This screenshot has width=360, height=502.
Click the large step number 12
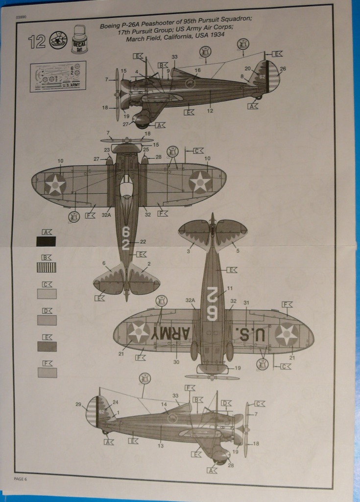point(37,42)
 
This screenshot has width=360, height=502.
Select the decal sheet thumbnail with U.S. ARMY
point(58,76)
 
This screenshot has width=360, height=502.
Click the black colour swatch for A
point(47,241)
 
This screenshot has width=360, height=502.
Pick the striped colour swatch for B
point(47,267)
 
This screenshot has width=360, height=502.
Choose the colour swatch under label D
point(47,320)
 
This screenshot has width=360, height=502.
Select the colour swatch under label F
point(47,372)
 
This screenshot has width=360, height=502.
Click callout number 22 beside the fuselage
point(143,242)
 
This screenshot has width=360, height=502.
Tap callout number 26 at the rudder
point(283,69)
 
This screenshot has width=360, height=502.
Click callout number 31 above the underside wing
point(246,302)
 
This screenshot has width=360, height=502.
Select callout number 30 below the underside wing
point(176,362)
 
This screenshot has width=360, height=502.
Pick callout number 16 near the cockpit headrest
point(197,70)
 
